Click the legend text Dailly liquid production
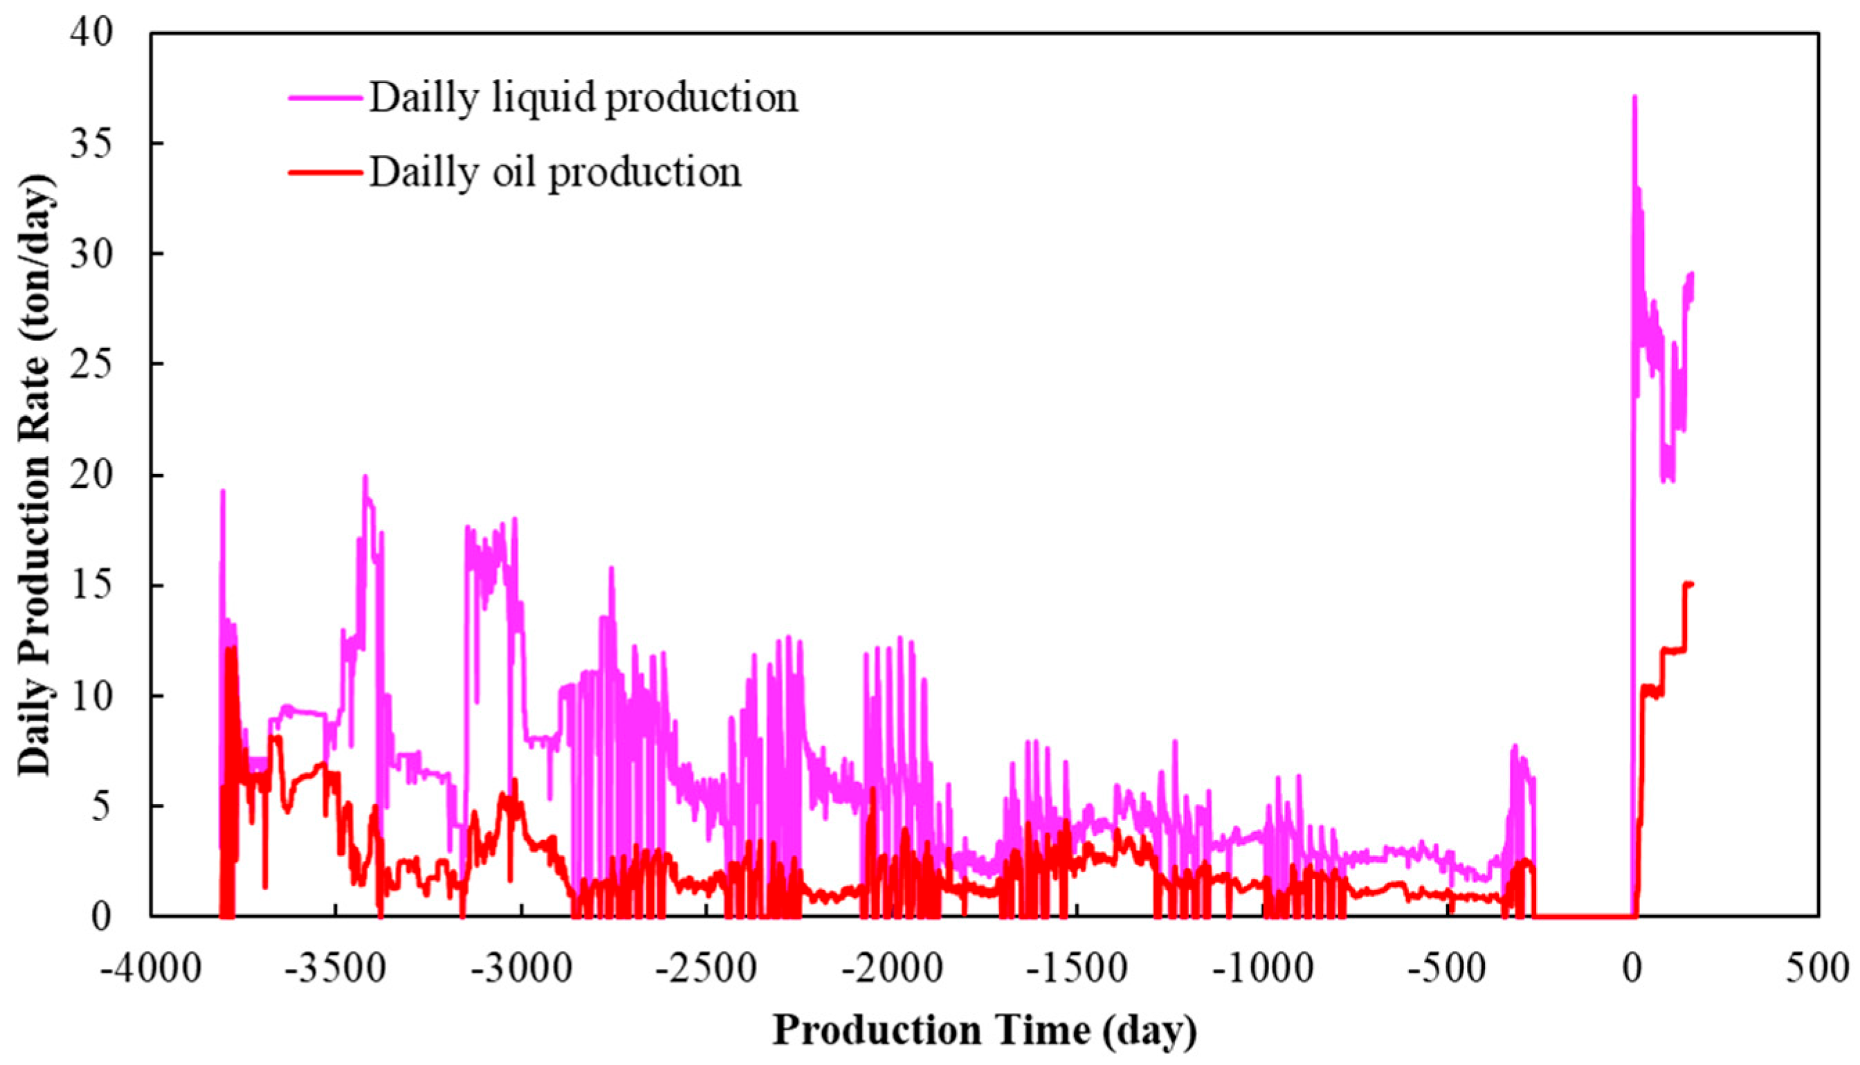click(x=583, y=98)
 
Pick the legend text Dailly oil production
click(x=555, y=172)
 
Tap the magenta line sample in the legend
click(x=325, y=98)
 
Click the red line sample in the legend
click(x=325, y=172)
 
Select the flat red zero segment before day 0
click(x=1583, y=916)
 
